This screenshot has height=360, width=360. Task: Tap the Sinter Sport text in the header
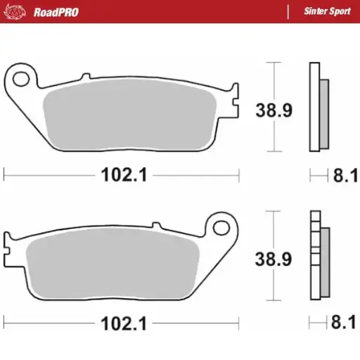(323, 11)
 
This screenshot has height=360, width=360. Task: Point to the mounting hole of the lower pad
(223, 227)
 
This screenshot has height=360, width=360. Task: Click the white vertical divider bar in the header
(288, 11)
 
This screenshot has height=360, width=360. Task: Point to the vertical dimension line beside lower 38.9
(271, 232)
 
